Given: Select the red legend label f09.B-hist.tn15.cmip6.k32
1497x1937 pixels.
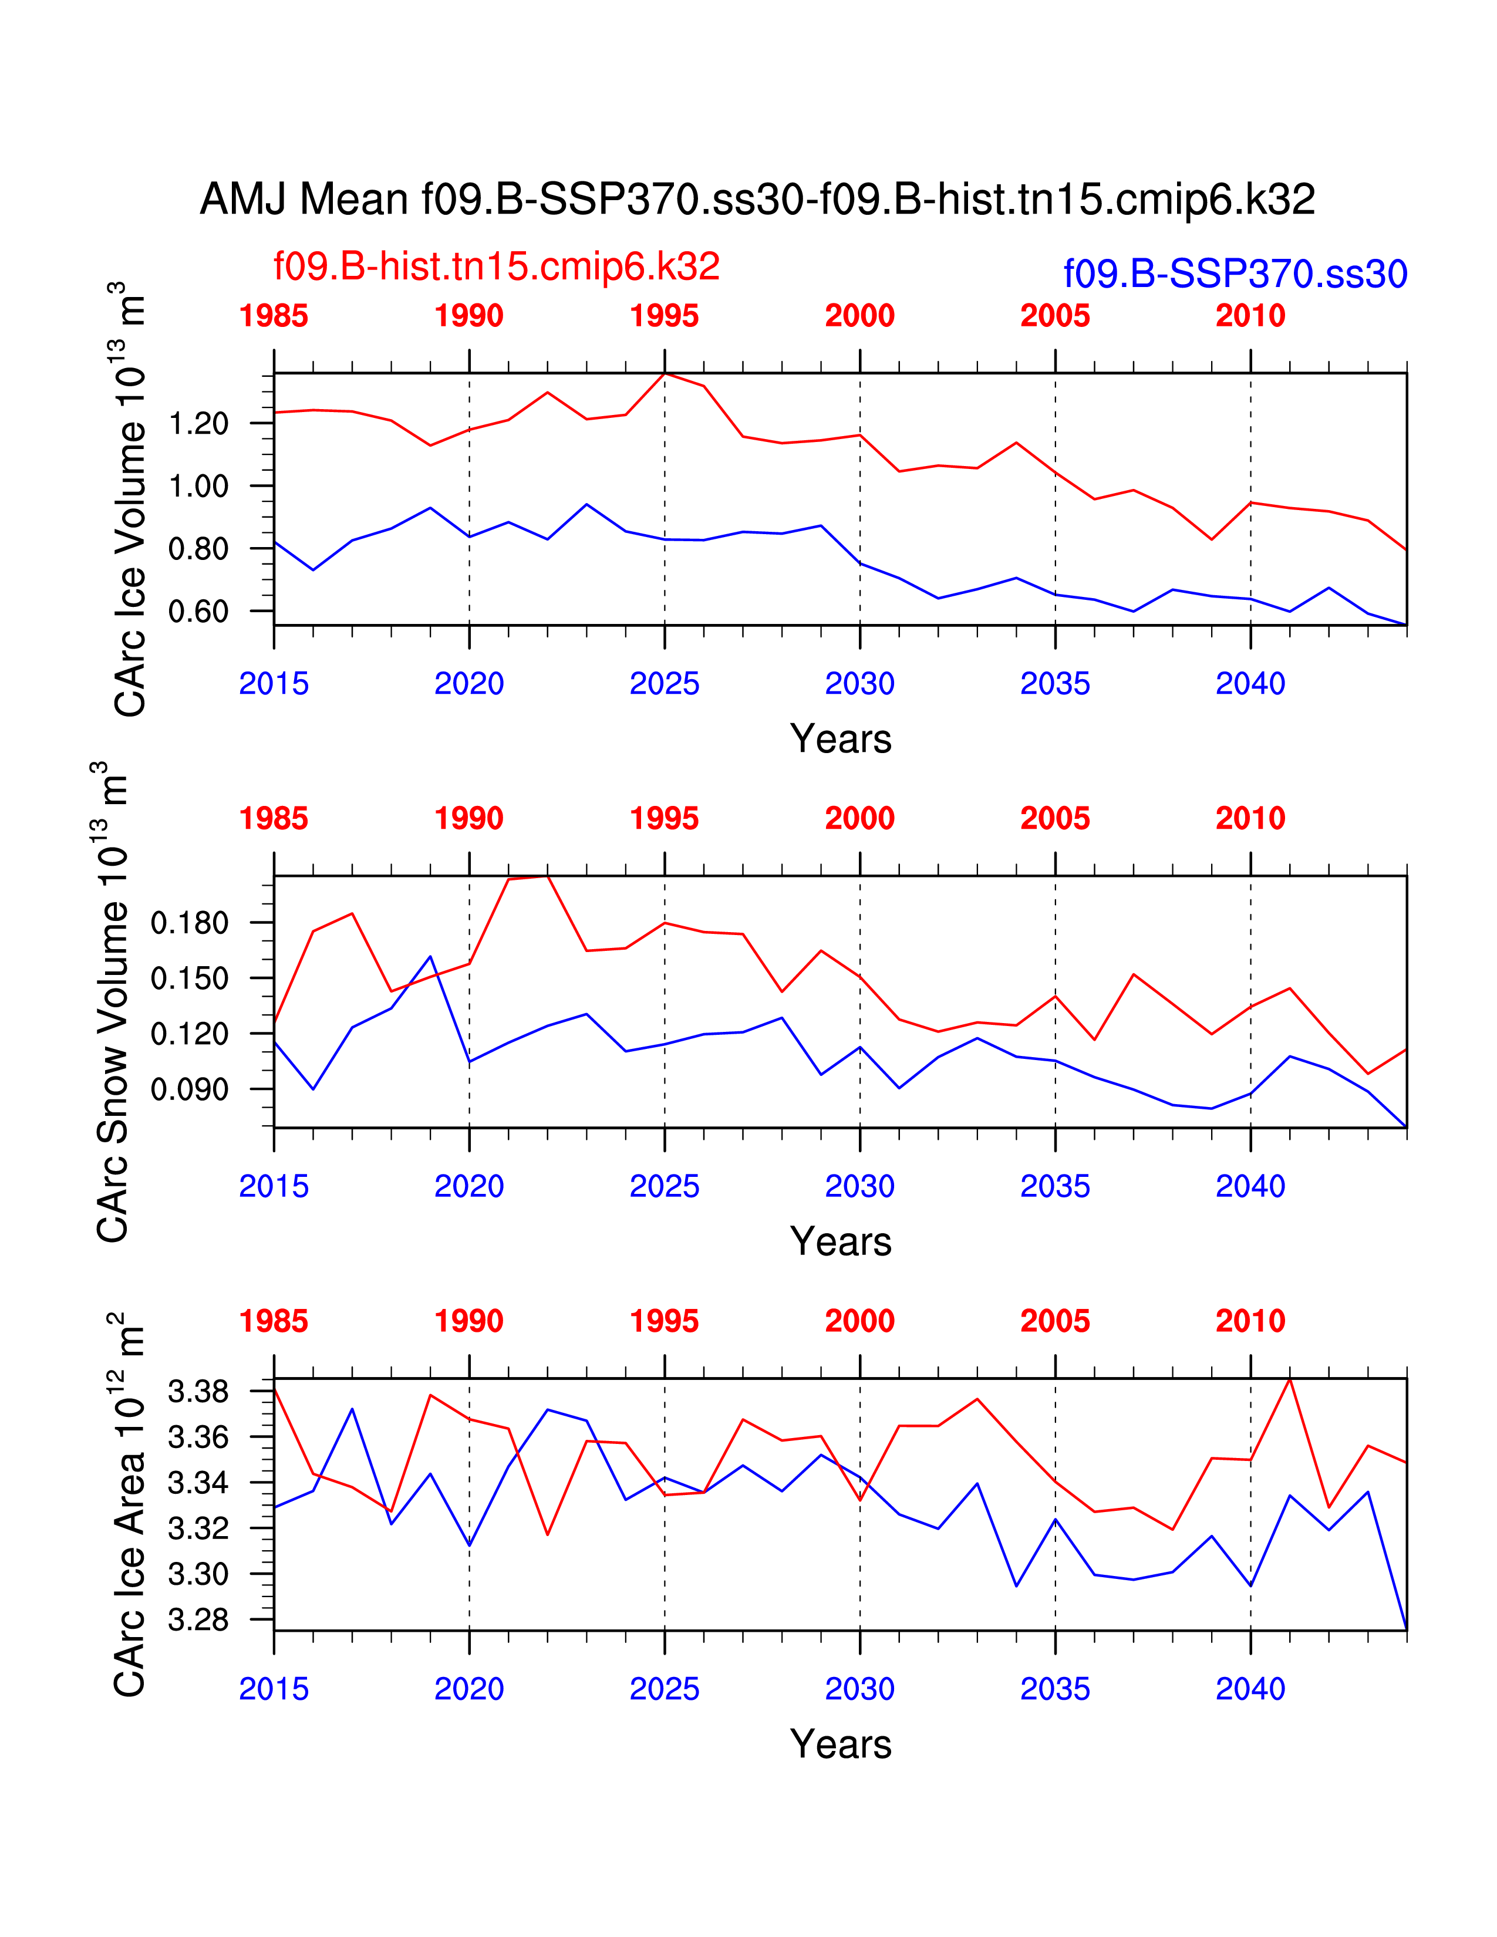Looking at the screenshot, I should (x=497, y=266).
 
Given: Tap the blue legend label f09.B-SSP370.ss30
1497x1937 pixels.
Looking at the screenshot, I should (x=1235, y=274).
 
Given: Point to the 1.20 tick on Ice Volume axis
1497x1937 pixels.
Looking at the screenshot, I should (x=198, y=424).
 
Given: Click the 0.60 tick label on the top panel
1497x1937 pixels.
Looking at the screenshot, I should (x=198, y=612).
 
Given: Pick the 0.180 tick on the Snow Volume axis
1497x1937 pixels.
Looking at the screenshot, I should (x=189, y=923).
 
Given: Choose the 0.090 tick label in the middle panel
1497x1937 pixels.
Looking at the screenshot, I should (x=189, y=1089).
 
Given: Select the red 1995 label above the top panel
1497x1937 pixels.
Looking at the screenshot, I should (x=664, y=316).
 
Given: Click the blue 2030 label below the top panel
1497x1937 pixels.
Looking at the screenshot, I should (x=859, y=684).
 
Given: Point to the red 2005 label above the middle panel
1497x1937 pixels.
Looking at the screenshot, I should (x=1054, y=818).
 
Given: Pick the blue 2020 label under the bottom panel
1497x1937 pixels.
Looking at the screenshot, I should (x=469, y=1689).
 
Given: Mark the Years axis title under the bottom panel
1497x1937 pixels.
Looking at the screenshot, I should (x=840, y=1744).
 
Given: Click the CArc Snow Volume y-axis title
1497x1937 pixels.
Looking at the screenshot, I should (x=113, y=1001).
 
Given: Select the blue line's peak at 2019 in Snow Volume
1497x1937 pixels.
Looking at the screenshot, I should (x=431, y=956).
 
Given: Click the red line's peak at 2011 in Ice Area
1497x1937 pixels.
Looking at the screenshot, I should (x=1290, y=1379).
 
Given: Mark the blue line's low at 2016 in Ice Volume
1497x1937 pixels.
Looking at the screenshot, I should (x=313, y=569).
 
